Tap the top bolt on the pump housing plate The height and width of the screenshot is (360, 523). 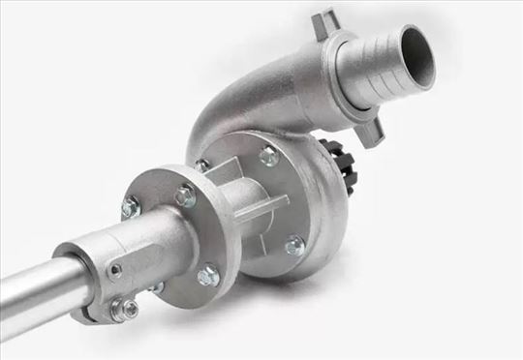[x=268, y=156]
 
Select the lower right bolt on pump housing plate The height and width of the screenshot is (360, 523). [x=294, y=246]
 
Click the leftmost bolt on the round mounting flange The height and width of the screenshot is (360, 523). [x=131, y=206]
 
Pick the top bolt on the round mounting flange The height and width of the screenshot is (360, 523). [x=185, y=196]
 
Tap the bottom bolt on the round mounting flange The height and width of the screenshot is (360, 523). [x=208, y=277]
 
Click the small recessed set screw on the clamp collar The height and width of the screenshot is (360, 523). [x=115, y=272]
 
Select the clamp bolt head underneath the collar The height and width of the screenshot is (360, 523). [x=123, y=310]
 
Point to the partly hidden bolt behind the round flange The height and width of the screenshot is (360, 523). [x=201, y=165]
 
